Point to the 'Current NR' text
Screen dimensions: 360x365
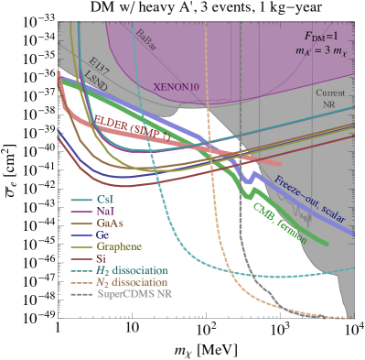[330, 98]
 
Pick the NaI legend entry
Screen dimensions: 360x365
[107, 211]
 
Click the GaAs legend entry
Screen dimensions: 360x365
[110, 223]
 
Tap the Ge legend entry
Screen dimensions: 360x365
[103, 235]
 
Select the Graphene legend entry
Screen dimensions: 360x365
[119, 246]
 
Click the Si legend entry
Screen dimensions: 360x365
[102, 258]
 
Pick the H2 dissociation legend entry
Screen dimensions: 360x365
[133, 270]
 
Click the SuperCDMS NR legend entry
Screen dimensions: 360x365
[134, 294]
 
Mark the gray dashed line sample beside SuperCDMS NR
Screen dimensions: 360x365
[82, 294]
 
